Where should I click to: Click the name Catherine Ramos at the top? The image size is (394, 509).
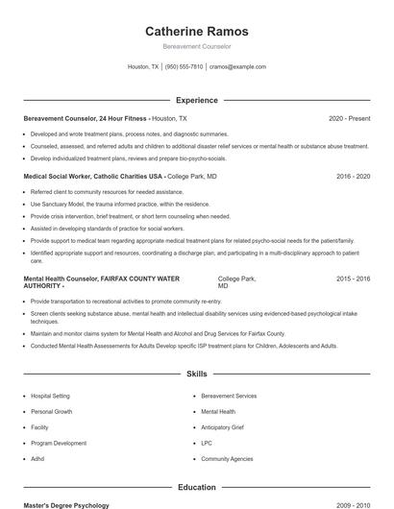(x=196, y=32)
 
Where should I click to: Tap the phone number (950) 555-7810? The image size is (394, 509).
(x=184, y=67)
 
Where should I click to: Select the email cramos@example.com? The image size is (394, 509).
(x=237, y=67)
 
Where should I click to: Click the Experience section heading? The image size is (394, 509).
(x=196, y=100)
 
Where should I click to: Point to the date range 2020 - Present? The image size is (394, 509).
(x=349, y=118)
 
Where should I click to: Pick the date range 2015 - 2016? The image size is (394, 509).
(x=353, y=279)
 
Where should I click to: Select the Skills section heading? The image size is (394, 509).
(x=196, y=374)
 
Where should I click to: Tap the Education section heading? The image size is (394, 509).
(x=196, y=488)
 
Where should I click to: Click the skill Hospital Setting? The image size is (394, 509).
(x=50, y=396)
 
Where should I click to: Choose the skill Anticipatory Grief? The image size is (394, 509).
(x=223, y=427)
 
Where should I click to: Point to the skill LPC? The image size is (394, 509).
(x=207, y=444)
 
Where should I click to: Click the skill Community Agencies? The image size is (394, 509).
(x=227, y=460)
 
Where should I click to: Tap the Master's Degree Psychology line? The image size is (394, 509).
(x=66, y=505)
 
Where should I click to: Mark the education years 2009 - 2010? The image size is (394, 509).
(x=350, y=505)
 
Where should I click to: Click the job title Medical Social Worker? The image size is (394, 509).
(x=59, y=177)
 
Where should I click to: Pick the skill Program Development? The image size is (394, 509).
(x=59, y=444)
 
